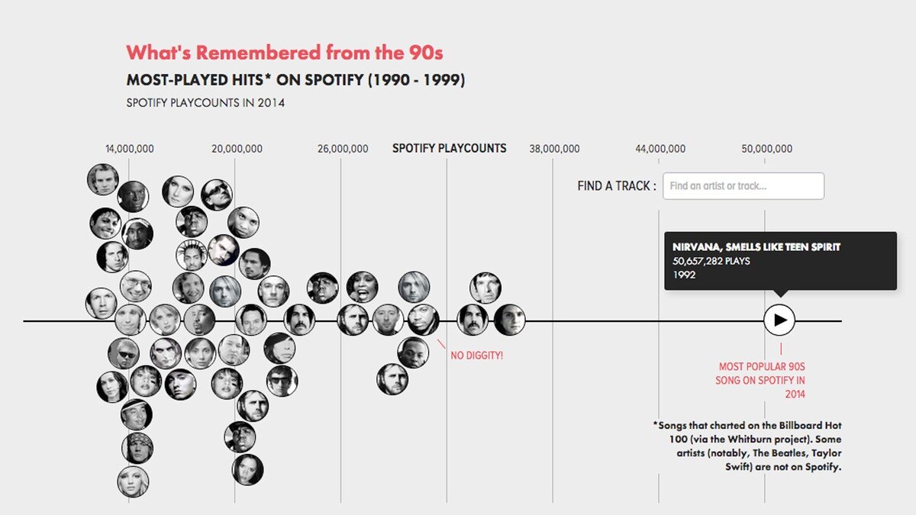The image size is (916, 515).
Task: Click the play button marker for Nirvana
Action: coord(779,320)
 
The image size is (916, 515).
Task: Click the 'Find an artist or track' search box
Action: coord(743,186)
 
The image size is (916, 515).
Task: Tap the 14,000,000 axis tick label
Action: coord(130,149)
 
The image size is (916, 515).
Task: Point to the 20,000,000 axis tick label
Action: coord(237,149)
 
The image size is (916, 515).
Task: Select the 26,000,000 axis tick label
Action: coord(343,149)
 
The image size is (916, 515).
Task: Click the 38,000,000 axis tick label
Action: coord(554,149)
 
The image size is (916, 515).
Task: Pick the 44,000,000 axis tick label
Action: coord(660,149)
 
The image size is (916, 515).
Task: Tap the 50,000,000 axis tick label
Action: coord(766,149)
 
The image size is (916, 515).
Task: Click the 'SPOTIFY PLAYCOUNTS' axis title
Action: coord(449,148)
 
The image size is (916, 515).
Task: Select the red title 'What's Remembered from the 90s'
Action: coord(284,53)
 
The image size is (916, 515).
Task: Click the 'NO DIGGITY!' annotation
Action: coord(477,355)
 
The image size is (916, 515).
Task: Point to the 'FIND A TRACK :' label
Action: coord(616,186)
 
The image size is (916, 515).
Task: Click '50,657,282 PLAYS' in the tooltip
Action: coord(711,261)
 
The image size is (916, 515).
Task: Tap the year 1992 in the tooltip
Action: coord(684,275)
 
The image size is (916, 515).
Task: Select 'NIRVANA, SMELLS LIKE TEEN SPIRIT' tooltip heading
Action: coord(756,247)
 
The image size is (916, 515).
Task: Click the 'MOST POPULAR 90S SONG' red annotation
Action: coord(761,380)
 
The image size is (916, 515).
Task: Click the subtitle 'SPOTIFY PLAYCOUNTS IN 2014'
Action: coord(205,103)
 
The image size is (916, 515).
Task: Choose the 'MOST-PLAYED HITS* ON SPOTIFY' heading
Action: coord(295,80)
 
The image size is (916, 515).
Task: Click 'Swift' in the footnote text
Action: coord(740,467)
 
